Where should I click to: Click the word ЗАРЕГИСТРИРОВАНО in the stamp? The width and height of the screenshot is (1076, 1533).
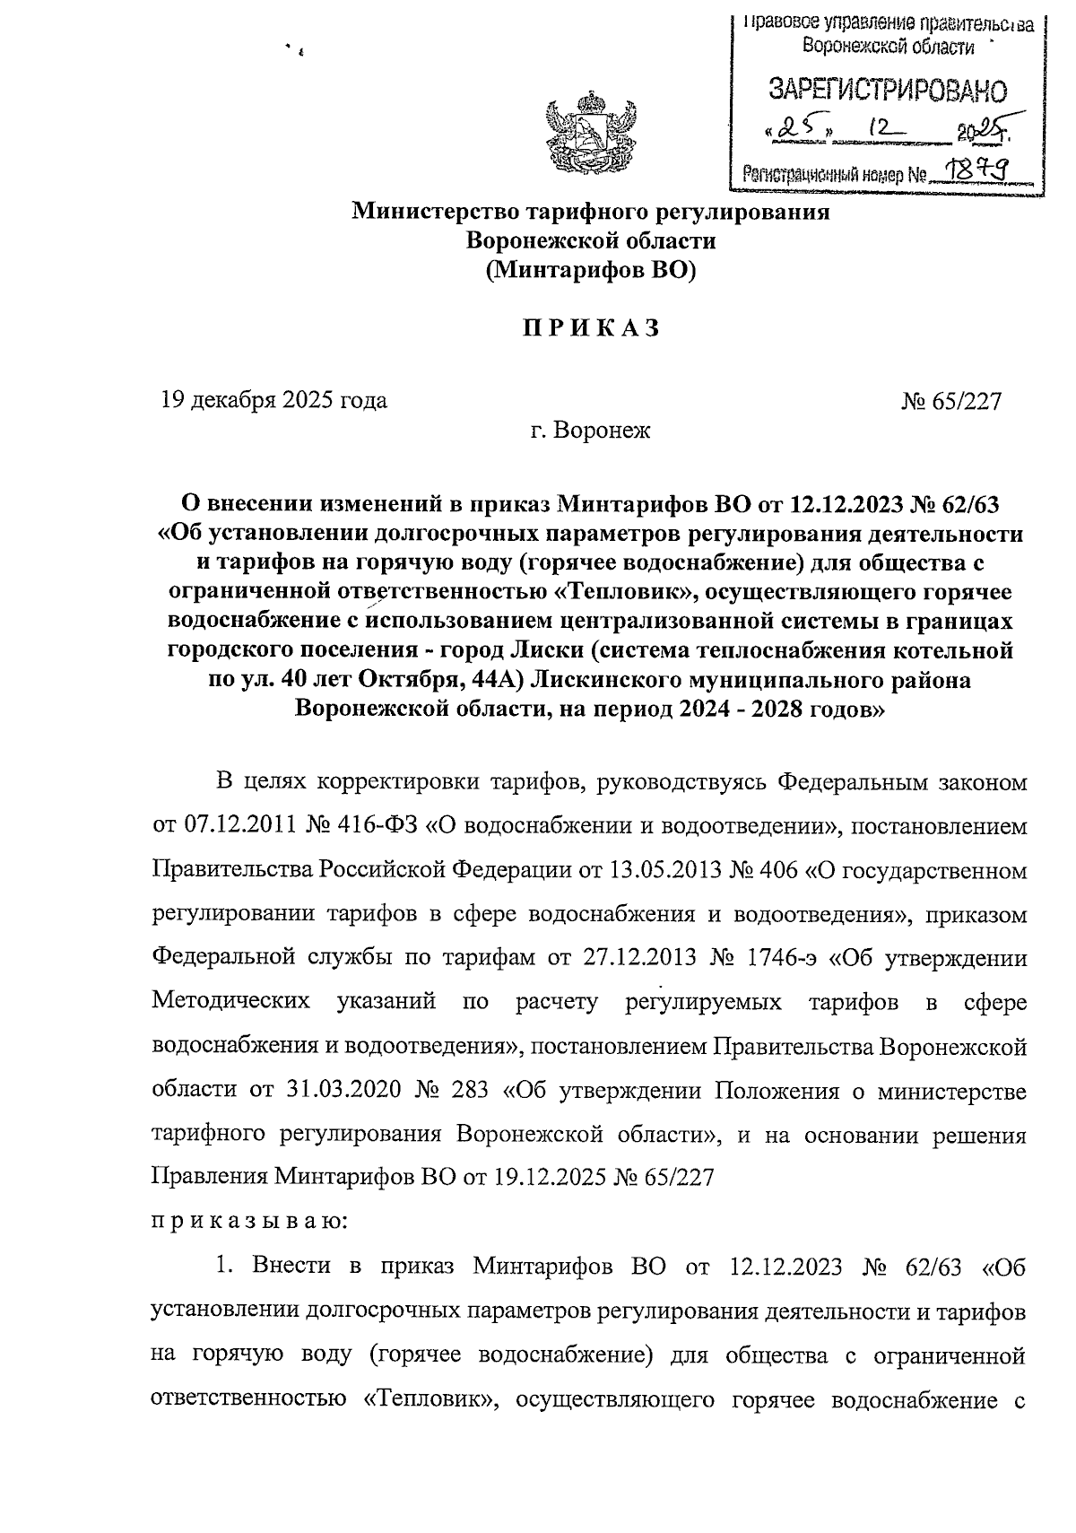887,90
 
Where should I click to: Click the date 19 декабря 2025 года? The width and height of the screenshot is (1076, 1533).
273,400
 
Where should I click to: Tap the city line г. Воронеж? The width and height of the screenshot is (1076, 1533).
590,431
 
